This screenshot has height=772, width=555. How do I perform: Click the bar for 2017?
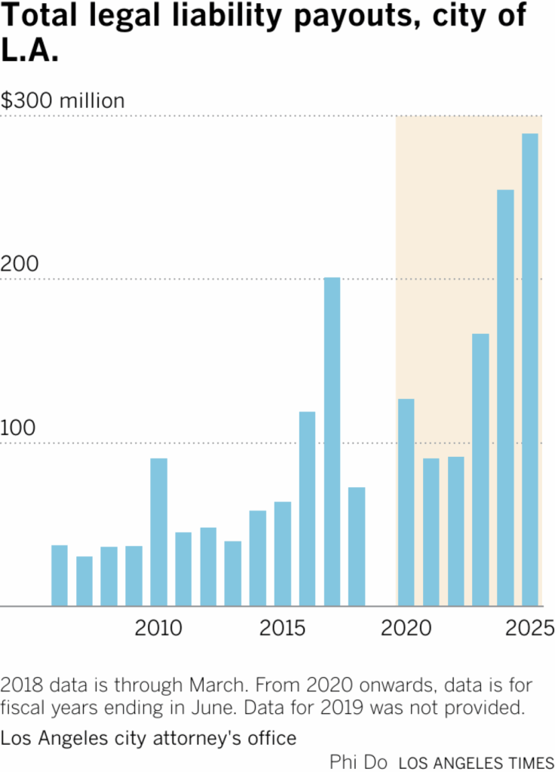click(332, 442)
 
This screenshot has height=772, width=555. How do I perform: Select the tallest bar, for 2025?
click(530, 369)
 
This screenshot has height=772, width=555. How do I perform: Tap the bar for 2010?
click(158, 532)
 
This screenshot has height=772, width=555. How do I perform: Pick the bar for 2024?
click(505, 397)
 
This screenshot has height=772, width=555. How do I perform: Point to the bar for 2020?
click(406, 502)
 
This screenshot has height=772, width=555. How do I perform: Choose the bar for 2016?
click(307, 509)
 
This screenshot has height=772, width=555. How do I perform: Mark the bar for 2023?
click(480, 470)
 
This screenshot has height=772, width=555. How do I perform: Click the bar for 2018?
click(357, 547)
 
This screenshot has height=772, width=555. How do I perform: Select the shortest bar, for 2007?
click(84, 581)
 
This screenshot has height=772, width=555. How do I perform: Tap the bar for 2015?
click(283, 553)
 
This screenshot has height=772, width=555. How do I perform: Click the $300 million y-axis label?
click(63, 101)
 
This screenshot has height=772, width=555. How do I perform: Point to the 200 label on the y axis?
click(20, 265)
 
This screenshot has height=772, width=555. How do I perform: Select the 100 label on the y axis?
click(20, 428)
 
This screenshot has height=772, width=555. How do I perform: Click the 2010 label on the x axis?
click(158, 628)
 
